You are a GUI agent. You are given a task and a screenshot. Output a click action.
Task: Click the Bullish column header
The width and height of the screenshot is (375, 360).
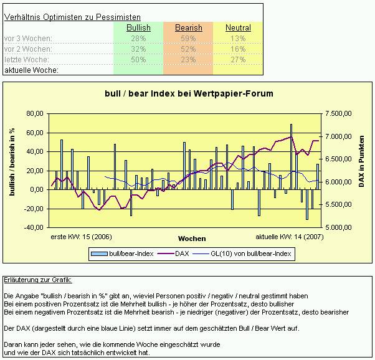coord(138,28)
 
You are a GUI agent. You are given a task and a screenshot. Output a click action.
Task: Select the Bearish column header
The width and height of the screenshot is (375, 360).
coord(188,28)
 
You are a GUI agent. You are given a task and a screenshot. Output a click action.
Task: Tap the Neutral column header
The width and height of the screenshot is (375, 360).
coord(238,28)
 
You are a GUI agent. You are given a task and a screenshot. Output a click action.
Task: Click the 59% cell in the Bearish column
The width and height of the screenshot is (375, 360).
coord(188,39)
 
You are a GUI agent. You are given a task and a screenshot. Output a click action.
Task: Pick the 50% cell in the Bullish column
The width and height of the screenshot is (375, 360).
coord(138,60)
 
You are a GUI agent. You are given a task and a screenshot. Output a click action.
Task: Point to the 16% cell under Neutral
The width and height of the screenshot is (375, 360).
coord(238,49)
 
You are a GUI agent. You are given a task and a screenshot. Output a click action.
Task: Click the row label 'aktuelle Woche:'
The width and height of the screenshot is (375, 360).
coord(31,70)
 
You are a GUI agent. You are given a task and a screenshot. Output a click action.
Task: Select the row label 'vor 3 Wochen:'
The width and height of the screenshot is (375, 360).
coord(28,39)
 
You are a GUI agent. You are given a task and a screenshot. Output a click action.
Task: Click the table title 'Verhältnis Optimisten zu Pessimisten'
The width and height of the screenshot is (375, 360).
coord(72,17)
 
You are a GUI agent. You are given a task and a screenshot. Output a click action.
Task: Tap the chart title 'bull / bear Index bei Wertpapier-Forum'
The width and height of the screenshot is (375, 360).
coord(188,94)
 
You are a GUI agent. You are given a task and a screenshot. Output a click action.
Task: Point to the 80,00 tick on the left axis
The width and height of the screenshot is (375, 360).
coord(34,114)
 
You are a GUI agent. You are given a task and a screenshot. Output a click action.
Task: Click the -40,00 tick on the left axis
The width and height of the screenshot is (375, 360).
coord(34,227)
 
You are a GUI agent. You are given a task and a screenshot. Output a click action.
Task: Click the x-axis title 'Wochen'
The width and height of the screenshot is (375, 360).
coord(191,239)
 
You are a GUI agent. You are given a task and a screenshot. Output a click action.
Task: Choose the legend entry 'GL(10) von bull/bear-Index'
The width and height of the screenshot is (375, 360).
coord(250,253)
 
